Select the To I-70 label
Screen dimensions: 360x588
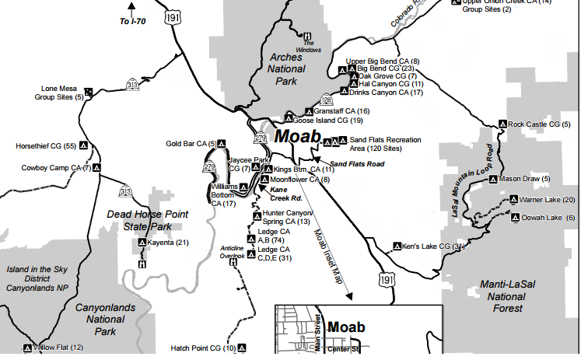pyautogui.click(x=134, y=22)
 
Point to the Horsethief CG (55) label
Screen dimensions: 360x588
pyautogui.click(x=46, y=146)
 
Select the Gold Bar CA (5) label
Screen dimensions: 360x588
pyautogui.click(x=191, y=144)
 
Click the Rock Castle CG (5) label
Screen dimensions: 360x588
pyautogui.click(x=539, y=124)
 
